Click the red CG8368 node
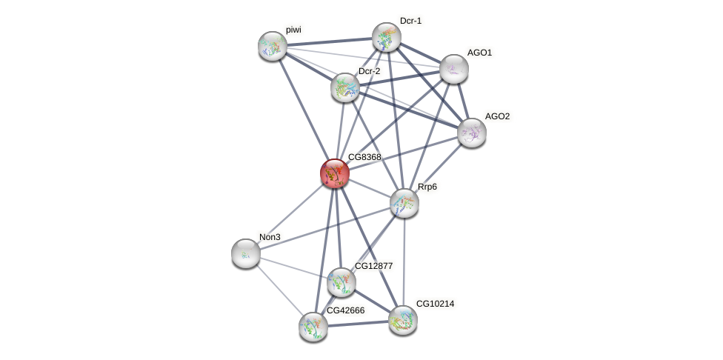pos(335,173)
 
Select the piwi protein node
pos(273,46)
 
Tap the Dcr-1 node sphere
pos(386,37)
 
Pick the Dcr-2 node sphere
pos(345,87)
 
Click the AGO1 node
pos(454,69)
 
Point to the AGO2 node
pos(472,133)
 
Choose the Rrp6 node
pos(404,203)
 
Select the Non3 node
pos(246,253)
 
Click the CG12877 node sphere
pos(341,282)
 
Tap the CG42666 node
pos(313,326)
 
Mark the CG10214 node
pos(403,320)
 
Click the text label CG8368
pos(364,157)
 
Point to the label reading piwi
pos(294,30)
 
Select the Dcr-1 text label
pos(410,21)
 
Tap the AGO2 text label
pos(497,116)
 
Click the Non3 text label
pos(270,237)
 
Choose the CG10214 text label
pos(435,304)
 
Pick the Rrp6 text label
pos(427,187)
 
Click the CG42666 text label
pos(346,310)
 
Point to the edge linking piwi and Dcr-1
pos(329,41)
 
